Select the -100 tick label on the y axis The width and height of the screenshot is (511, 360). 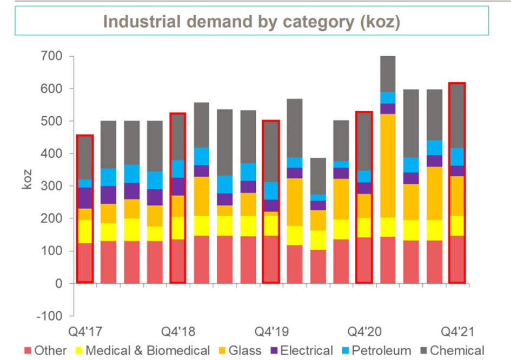pos(49,316)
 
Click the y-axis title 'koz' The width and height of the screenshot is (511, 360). pos(27,179)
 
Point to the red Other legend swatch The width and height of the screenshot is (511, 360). pos(28,350)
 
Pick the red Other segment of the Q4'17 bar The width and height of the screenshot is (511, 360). pos(84,262)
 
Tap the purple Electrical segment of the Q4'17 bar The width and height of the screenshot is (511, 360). pos(84,198)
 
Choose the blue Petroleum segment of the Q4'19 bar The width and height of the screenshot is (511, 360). pos(270,190)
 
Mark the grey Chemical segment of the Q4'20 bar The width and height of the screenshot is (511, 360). pos(363,141)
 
